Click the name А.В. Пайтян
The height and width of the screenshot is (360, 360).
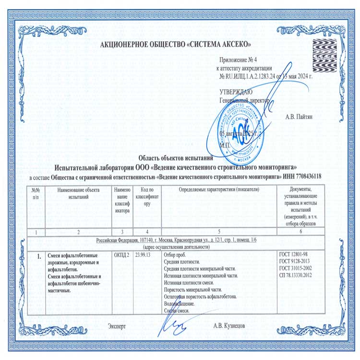click(301, 116)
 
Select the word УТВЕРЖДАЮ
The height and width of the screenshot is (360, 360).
click(235, 92)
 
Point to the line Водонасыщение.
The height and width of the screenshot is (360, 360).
click(179, 304)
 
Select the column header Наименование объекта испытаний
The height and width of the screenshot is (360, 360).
click(78, 193)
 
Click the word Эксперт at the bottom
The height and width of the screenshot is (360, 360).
click(118, 326)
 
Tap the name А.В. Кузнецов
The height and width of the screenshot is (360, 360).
click(229, 326)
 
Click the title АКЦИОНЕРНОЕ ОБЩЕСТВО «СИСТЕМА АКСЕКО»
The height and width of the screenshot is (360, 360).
click(180, 45)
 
